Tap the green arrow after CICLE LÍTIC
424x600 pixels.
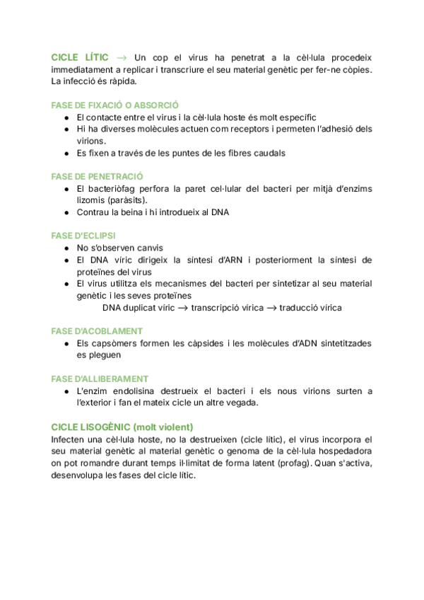(x=122, y=57)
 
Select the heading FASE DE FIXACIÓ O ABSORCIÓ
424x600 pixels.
(x=115, y=105)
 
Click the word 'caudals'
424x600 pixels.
(x=269, y=153)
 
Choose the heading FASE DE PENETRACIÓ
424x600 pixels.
(x=98, y=176)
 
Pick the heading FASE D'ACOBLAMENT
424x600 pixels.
(x=98, y=331)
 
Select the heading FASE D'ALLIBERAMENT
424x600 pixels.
(x=100, y=379)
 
